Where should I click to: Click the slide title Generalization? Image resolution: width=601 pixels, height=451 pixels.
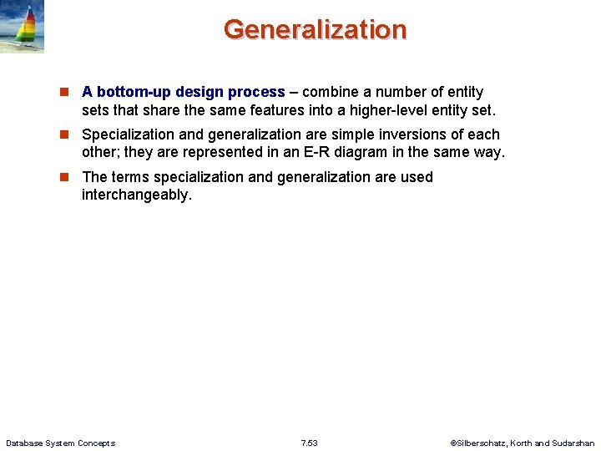315,29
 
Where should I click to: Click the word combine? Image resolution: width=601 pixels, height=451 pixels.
331,92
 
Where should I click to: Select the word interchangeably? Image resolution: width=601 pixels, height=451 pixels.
137,195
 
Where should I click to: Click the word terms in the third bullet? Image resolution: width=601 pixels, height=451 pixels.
129,177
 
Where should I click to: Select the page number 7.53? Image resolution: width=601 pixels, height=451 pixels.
309,443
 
